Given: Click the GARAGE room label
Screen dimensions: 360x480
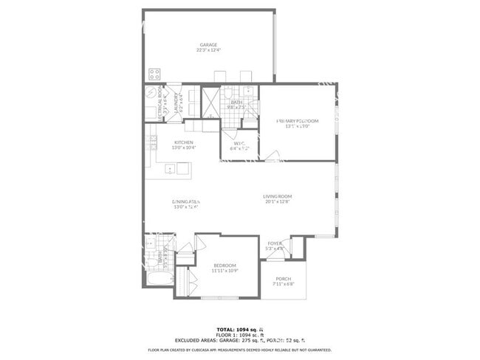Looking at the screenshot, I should pyautogui.click(x=208, y=44).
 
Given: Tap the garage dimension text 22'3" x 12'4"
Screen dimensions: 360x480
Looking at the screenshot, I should pyautogui.click(x=208, y=50).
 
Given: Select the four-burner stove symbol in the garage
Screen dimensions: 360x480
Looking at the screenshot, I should pyautogui.click(x=155, y=74).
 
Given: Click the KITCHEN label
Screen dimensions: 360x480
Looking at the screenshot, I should pyautogui.click(x=184, y=142).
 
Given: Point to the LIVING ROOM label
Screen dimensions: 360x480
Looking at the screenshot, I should pyautogui.click(x=278, y=196).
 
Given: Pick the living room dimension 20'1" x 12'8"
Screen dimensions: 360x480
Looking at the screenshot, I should pyautogui.click(x=278, y=201).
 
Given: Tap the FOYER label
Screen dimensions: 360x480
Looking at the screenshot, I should pyautogui.click(x=275, y=243).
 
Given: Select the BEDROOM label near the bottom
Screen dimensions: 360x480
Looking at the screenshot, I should pyautogui.click(x=224, y=265).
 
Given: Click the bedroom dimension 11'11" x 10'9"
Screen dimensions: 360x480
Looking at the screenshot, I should pyautogui.click(x=224, y=270).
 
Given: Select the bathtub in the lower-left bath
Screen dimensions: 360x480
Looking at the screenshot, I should pyautogui.click(x=159, y=280).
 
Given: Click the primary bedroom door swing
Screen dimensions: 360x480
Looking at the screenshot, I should pyautogui.click(x=273, y=156).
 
